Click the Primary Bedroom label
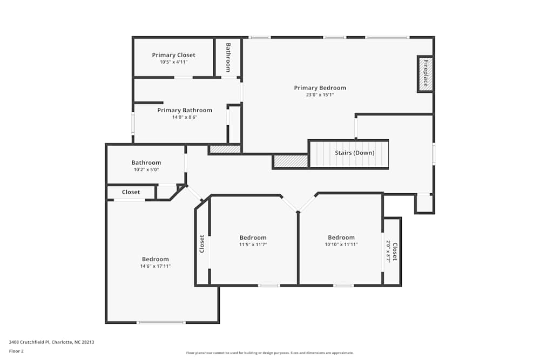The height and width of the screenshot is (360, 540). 320,87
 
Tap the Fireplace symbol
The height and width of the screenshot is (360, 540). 425,74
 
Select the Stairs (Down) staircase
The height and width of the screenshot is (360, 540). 349,154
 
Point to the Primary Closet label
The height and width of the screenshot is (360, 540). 173,55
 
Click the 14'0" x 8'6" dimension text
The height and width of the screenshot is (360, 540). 185,117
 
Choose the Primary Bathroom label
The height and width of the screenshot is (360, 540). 185,110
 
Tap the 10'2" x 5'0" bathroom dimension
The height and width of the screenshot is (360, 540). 146,169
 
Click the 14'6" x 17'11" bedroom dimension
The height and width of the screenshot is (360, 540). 156,266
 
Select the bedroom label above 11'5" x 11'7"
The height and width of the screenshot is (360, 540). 253,237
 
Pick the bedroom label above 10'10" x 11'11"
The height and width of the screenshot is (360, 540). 341,237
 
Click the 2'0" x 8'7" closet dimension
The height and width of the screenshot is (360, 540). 389,252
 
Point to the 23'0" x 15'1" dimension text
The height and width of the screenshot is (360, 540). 320,95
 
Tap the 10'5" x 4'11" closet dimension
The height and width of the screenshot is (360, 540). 173,62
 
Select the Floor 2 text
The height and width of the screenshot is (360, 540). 16,351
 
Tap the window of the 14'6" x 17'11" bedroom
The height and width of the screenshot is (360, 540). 161,322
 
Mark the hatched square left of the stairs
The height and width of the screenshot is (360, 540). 291,161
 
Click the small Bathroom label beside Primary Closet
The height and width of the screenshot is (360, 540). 228,57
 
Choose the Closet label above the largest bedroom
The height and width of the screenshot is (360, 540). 131,192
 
